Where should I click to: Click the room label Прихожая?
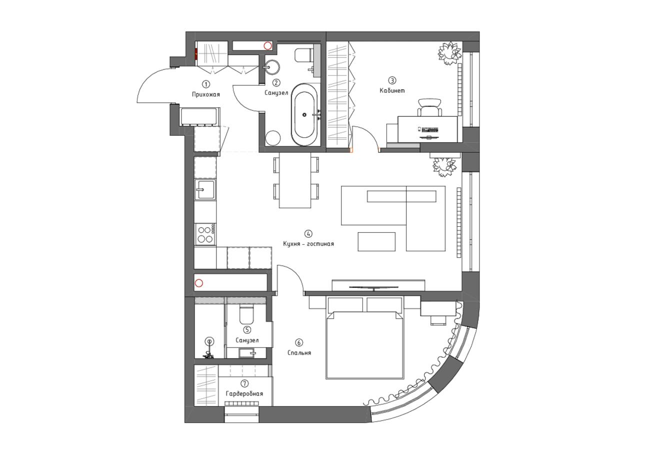[x=206, y=94]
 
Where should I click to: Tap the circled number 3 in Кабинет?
[x=392, y=80]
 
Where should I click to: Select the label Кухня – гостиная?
[x=308, y=244]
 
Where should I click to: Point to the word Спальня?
[x=299, y=353]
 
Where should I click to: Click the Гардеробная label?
[x=244, y=394]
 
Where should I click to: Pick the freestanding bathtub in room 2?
[x=304, y=115]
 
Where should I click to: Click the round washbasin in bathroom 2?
[x=271, y=67]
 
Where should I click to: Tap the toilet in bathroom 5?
[x=246, y=314]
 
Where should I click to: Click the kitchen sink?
[x=205, y=190]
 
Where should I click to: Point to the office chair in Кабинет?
[x=429, y=107]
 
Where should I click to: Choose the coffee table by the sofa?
[x=376, y=242]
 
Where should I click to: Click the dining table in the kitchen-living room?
[x=295, y=180]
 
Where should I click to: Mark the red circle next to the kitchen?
[x=199, y=283]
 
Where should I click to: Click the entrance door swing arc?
[x=148, y=78]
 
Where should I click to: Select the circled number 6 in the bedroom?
[x=299, y=343]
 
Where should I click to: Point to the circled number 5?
[x=247, y=330]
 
